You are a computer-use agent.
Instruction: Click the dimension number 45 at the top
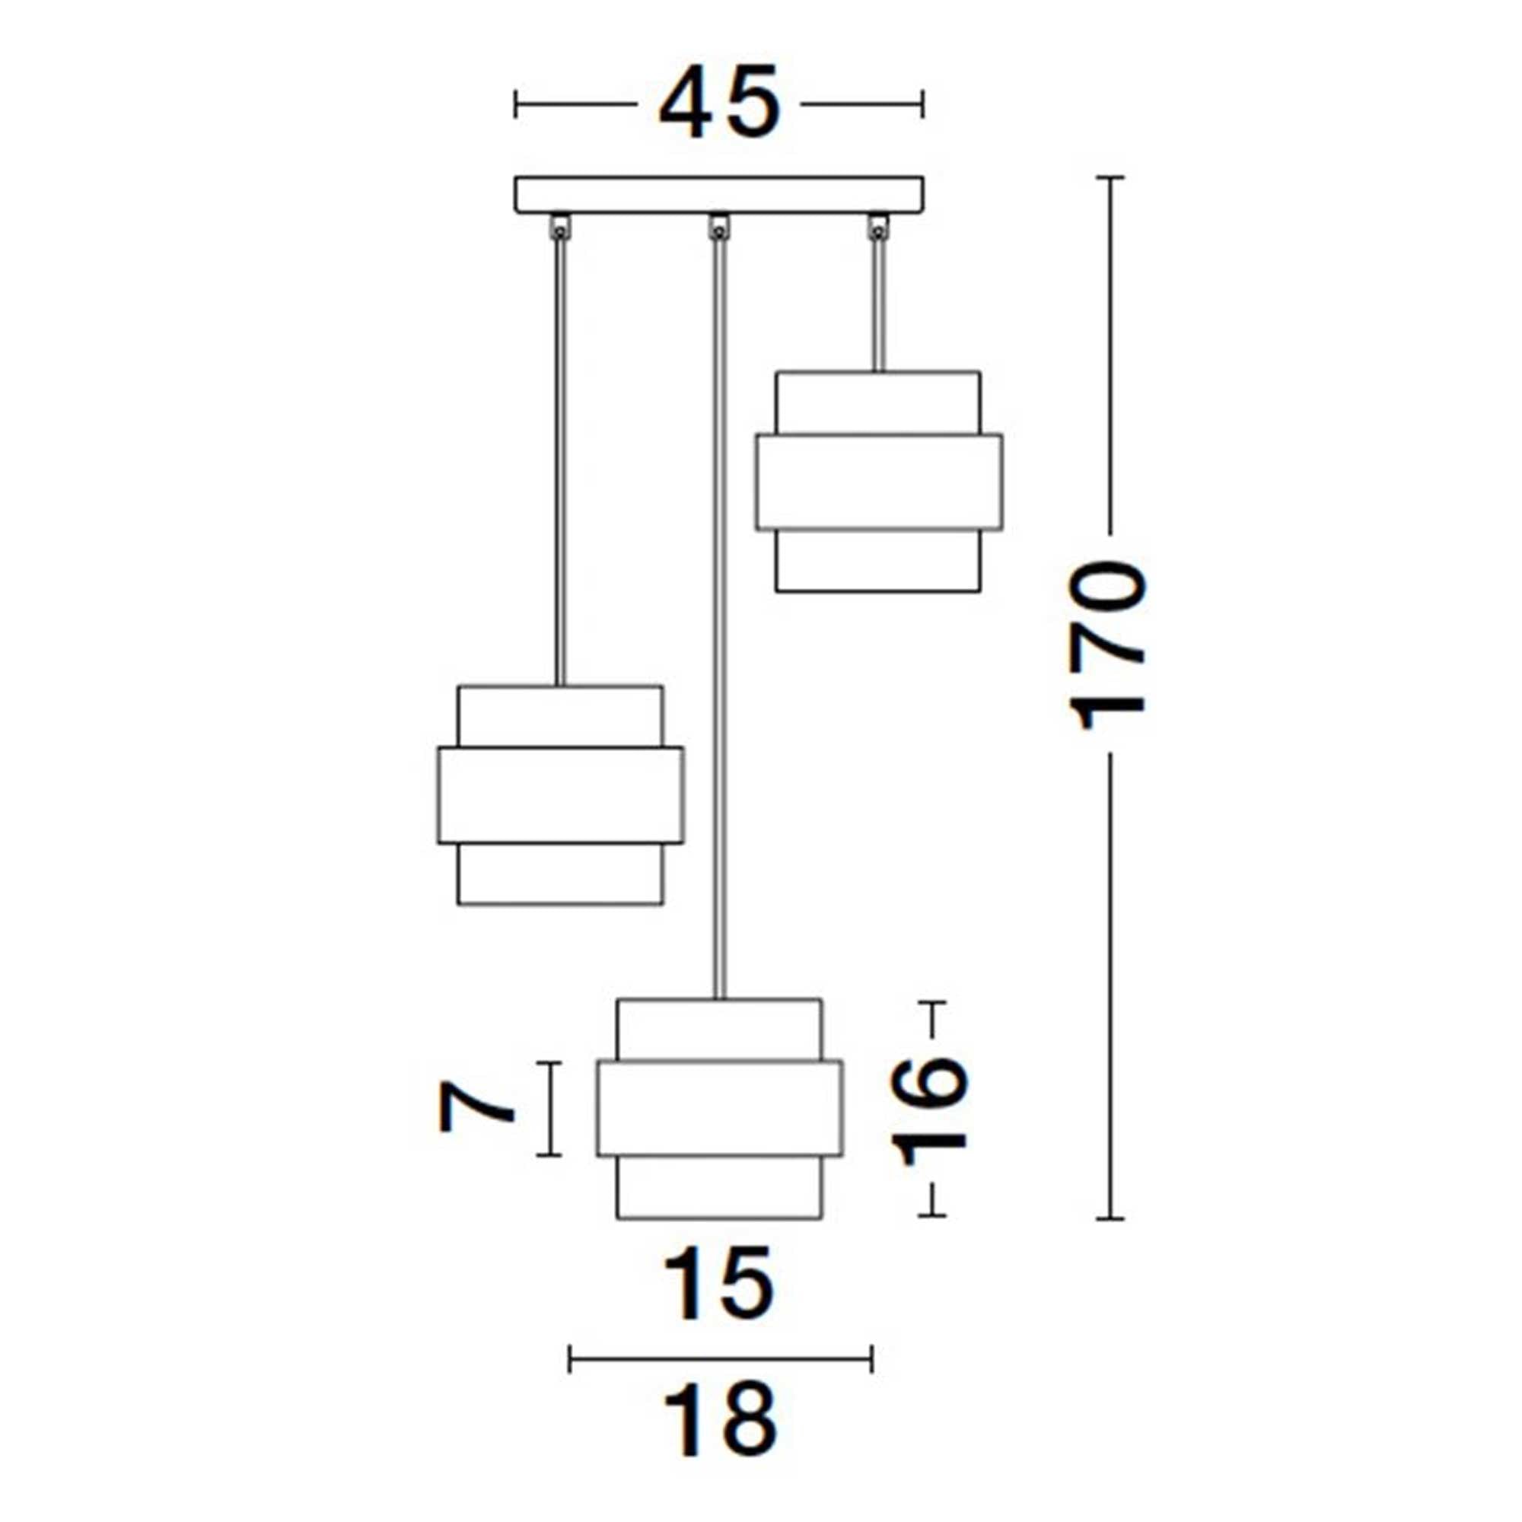[x=718, y=103]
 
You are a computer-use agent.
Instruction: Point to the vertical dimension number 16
[x=930, y=1111]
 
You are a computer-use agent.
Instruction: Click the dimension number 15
[x=718, y=1283]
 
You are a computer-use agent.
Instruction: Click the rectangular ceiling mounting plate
[x=718, y=195]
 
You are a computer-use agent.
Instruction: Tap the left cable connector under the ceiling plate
[x=560, y=228]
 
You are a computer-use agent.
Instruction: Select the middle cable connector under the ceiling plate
[x=718, y=228]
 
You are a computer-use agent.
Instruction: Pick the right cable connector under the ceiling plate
[x=877, y=228]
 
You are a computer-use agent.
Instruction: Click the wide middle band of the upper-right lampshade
[x=878, y=482]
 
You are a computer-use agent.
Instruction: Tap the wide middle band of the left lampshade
[x=560, y=796]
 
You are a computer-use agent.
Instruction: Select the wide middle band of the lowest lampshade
[x=718, y=1109]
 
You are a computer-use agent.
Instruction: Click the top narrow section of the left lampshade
[x=560, y=715]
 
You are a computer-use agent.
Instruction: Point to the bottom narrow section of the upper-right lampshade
[x=878, y=561]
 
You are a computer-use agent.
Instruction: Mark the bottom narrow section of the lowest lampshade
[x=718, y=1189]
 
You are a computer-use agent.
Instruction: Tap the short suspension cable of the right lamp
[x=877, y=307]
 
